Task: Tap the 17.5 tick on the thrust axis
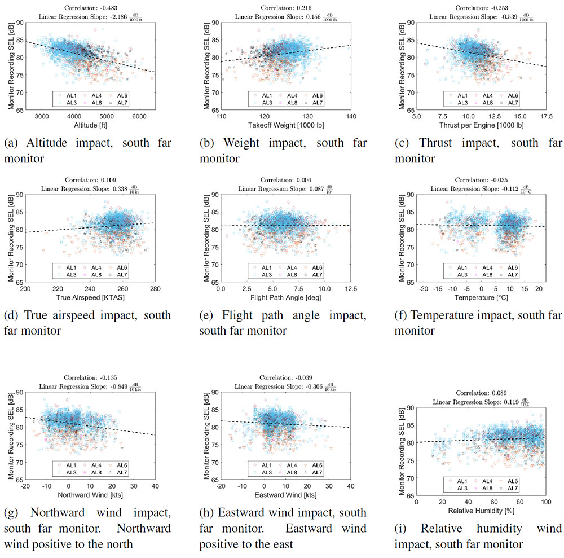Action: point(544,116)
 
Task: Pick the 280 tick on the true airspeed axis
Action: point(155,288)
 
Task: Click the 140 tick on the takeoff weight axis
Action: point(351,116)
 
